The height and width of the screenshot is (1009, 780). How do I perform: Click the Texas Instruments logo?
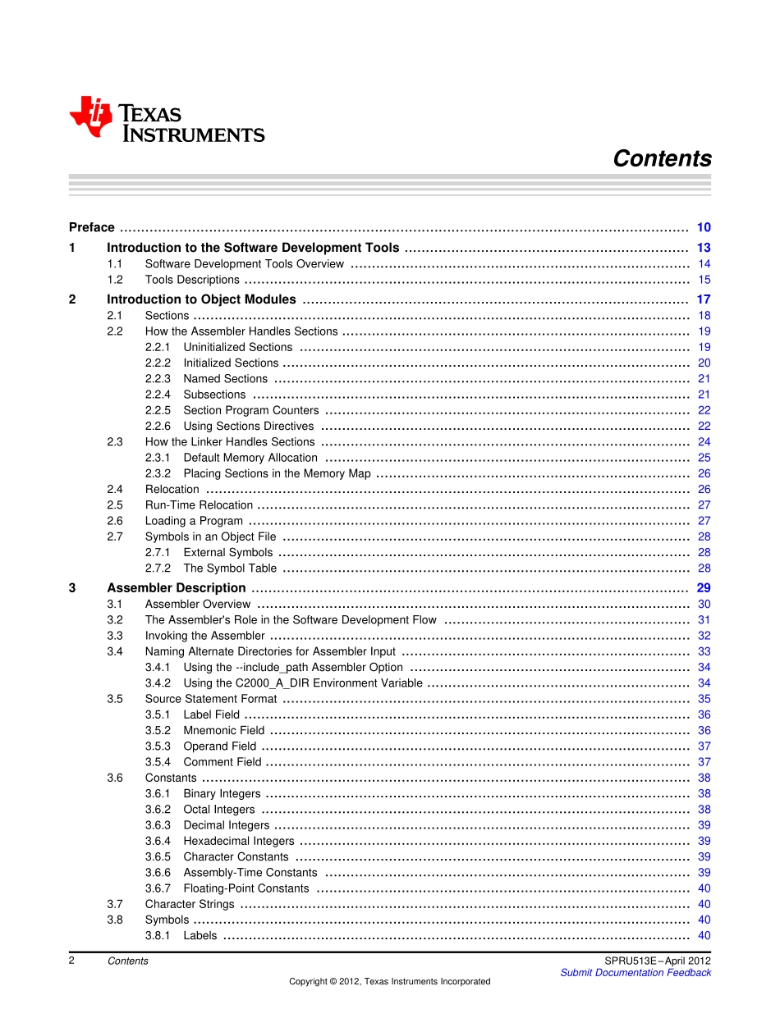tap(167, 120)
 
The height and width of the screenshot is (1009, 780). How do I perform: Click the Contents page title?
tap(662, 159)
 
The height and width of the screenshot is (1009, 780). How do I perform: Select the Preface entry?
tap(92, 228)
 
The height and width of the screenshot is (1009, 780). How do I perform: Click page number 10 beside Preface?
tap(704, 228)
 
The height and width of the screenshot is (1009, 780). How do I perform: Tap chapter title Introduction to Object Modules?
tap(201, 299)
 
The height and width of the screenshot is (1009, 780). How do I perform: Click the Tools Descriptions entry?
tap(192, 280)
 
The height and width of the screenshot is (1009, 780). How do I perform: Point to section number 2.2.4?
tap(158, 395)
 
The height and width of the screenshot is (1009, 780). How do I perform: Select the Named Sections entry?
tap(225, 379)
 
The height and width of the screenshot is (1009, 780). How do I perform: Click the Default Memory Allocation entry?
tap(250, 458)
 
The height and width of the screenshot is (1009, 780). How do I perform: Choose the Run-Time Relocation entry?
tap(199, 505)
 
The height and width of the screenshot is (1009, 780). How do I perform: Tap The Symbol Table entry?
tap(230, 568)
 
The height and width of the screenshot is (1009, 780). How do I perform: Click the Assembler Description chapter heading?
tap(176, 588)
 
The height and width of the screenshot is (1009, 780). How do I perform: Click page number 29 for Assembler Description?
tap(704, 588)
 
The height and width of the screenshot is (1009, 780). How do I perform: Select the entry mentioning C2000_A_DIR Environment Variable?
tap(303, 683)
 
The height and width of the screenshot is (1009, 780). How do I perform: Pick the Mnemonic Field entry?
tap(223, 731)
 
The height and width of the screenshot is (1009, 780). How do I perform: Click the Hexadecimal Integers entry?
tap(238, 841)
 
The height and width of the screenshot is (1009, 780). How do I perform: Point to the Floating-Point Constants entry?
tap(246, 888)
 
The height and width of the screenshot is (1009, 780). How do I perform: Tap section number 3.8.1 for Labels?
tap(158, 936)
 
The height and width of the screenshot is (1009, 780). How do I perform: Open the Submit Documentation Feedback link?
tap(635, 973)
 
